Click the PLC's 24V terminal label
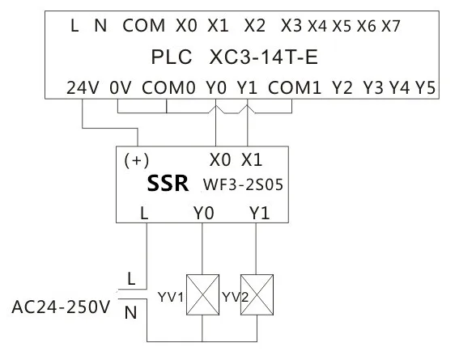(x=83, y=87)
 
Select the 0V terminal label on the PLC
(x=121, y=87)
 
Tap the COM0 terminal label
(x=168, y=87)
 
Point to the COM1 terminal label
(x=295, y=87)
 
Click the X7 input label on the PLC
(x=391, y=26)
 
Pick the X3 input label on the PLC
(x=291, y=25)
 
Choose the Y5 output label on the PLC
(x=425, y=87)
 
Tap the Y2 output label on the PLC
(x=342, y=87)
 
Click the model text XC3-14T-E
(x=264, y=57)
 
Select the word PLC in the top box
(x=172, y=57)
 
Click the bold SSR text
(x=168, y=184)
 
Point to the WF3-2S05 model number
(x=243, y=184)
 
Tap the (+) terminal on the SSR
(x=137, y=160)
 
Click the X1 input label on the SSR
(x=252, y=160)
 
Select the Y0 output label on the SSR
(x=204, y=213)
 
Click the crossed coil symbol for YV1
(x=203, y=294)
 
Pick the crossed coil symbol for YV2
(x=257, y=294)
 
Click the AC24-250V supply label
(x=61, y=307)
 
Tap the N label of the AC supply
(x=130, y=312)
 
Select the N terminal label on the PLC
(x=100, y=25)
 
